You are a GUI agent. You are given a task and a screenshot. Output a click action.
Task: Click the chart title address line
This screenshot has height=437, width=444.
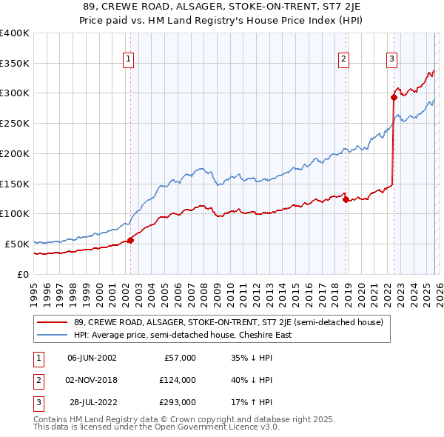[x=222, y=7]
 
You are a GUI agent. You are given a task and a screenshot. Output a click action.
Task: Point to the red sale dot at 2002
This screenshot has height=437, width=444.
[x=130, y=240]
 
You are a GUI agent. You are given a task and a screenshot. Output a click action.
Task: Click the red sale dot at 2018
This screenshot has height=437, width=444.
[x=346, y=199]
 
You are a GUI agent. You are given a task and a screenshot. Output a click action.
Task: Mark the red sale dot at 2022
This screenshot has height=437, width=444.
[x=394, y=97]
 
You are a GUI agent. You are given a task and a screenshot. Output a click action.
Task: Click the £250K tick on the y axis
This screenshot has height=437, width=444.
[x=15, y=124]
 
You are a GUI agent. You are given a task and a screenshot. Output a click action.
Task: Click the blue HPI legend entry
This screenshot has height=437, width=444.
[x=182, y=335]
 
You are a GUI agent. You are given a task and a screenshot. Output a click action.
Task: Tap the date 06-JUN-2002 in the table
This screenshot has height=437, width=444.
[x=92, y=358]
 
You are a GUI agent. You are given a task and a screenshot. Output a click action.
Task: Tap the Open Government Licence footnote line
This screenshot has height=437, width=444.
[x=156, y=427]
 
